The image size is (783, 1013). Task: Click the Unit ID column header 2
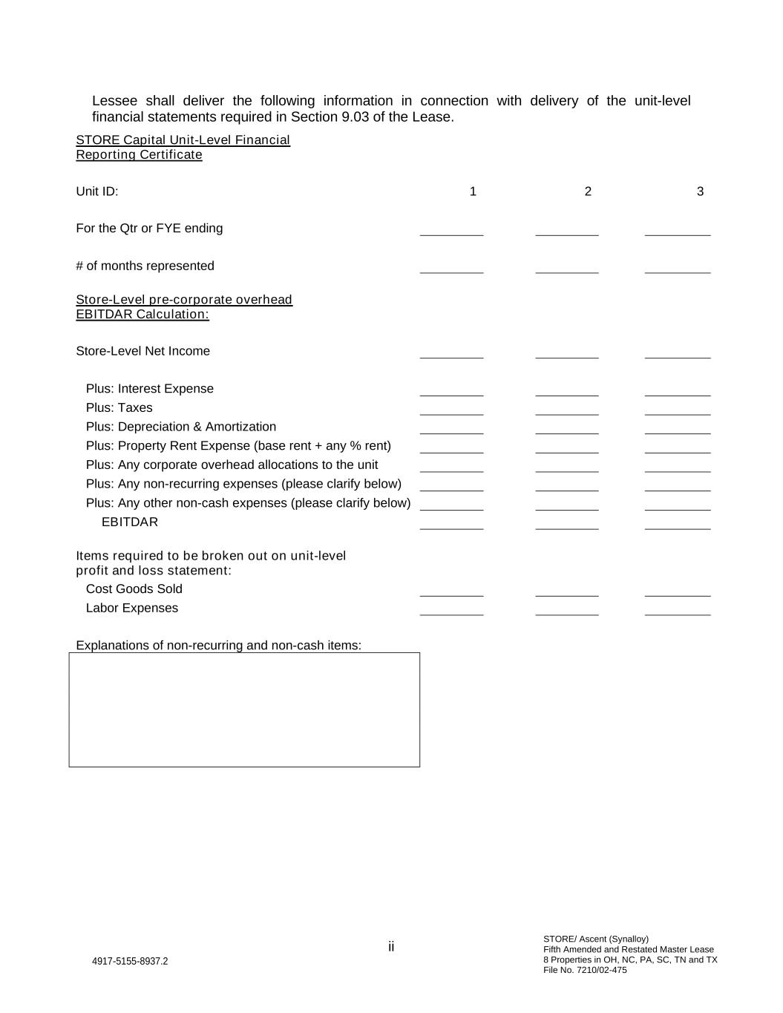coord(588,191)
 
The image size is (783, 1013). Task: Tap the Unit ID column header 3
coord(700,191)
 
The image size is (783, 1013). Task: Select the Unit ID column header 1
coord(473,191)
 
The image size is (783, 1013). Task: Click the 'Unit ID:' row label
coord(97,191)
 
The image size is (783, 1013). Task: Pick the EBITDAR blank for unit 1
coord(451,524)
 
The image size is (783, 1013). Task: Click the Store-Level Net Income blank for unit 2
coord(566,353)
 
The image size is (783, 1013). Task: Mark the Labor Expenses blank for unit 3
coord(677,610)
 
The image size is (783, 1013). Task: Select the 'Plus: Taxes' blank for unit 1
coord(451,410)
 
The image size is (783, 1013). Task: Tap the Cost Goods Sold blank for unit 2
coord(566,591)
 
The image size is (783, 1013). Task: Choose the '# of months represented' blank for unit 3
coord(677,268)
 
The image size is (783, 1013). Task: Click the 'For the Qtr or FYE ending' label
coord(149,229)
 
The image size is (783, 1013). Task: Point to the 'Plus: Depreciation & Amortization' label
coord(181,427)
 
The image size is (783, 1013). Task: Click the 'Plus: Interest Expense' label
coord(150,389)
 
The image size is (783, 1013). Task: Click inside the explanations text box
coord(244,709)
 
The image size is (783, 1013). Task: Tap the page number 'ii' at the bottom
coord(391,947)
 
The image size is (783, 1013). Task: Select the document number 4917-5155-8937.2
coord(130,961)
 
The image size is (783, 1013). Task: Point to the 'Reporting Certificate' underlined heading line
coord(139,155)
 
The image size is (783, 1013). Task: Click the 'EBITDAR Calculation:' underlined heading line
coord(142,315)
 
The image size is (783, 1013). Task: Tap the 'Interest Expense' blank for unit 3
coord(677,390)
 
